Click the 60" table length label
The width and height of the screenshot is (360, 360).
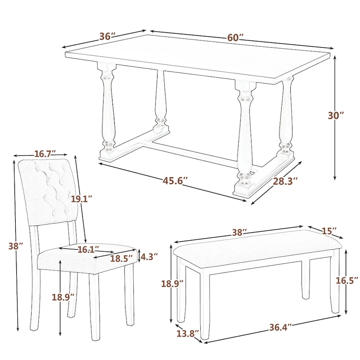[235, 38]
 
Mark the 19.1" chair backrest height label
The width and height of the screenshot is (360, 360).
[81, 198]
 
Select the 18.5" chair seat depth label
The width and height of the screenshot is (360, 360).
[122, 258]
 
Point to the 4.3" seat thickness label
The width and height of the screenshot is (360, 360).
[149, 257]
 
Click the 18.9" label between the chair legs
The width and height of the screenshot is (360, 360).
[63, 297]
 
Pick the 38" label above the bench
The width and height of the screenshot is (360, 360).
[239, 233]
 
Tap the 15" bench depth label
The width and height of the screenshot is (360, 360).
[329, 230]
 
